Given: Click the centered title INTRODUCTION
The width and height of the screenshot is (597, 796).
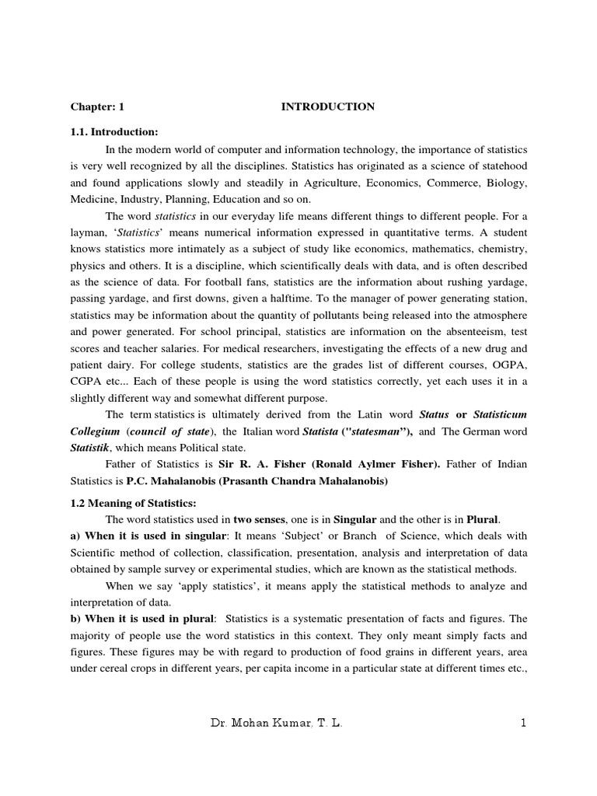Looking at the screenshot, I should click(x=327, y=106).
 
